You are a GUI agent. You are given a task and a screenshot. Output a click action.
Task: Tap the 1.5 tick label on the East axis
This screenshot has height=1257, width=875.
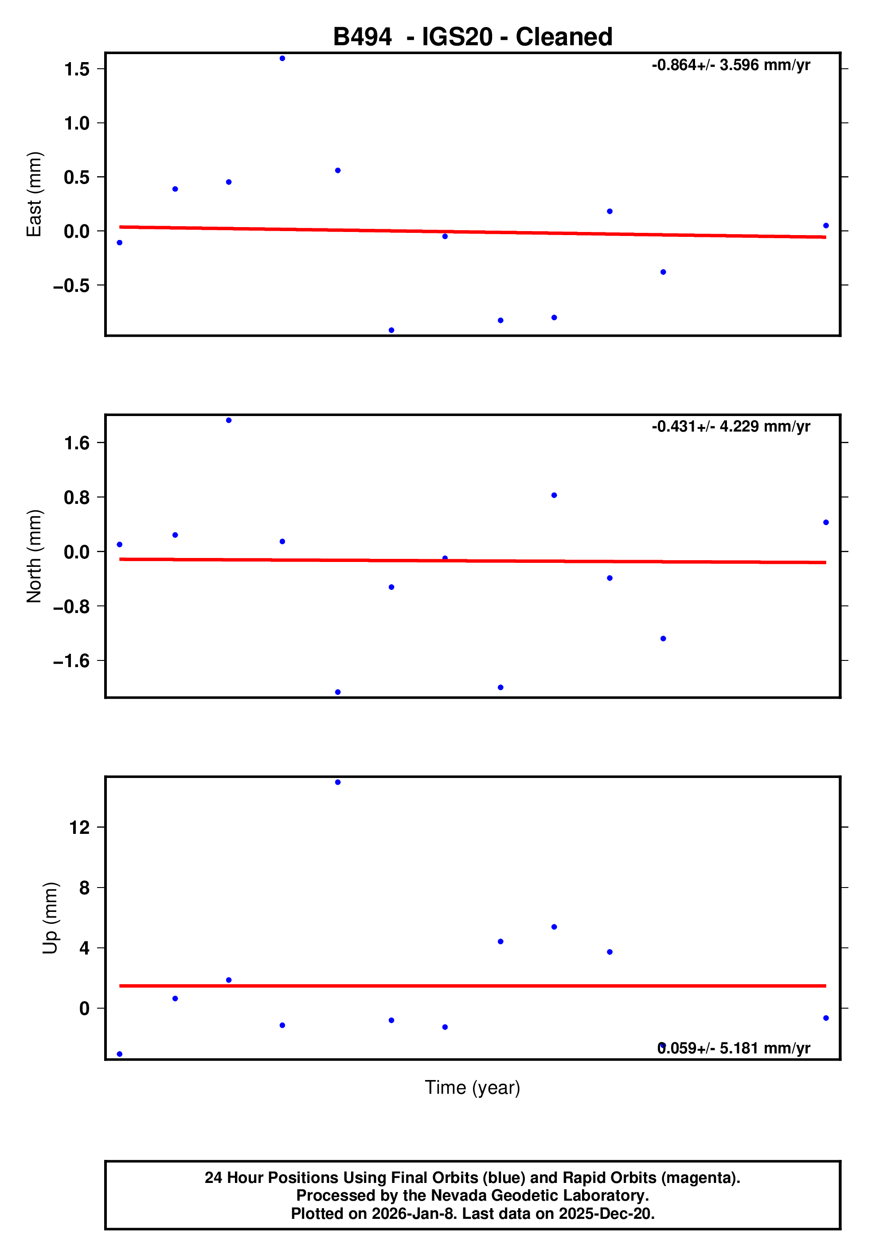pos(77,69)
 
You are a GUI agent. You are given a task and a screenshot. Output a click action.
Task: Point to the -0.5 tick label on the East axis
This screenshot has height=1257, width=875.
pos(71,286)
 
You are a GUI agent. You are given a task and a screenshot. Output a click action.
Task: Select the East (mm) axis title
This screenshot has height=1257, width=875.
pos(35,194)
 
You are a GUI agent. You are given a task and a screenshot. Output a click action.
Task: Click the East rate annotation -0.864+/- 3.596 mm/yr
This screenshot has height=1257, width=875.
pos(730,65)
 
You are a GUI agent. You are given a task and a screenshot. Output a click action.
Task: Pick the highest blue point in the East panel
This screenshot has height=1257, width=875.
pos(282,59)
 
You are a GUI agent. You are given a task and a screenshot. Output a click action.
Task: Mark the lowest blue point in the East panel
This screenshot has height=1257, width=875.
pos(391,330)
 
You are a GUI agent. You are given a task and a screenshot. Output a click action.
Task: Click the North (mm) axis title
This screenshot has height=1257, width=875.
pos(35,556)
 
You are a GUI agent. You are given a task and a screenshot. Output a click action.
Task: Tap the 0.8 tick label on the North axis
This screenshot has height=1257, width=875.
pos(77,498)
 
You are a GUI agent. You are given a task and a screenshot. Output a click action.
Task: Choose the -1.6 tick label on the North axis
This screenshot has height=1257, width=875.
pos(71,661)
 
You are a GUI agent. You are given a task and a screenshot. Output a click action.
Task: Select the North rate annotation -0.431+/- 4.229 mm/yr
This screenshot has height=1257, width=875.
pos(730,427)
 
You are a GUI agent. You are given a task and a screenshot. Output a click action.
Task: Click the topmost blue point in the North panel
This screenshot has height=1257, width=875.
pos(229,420)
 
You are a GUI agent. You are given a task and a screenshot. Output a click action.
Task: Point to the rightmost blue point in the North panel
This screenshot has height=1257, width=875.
pos(826,522)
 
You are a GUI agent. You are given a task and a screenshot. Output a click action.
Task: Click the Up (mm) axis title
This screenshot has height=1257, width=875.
pos(51,918)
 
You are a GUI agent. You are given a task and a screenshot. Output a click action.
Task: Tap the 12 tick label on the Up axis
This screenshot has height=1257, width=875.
pos(79,827)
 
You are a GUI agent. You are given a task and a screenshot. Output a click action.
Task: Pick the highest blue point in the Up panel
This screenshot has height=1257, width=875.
pos(338,782)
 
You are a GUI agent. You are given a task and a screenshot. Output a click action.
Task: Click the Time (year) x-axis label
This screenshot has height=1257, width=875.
pos(472,1087)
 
